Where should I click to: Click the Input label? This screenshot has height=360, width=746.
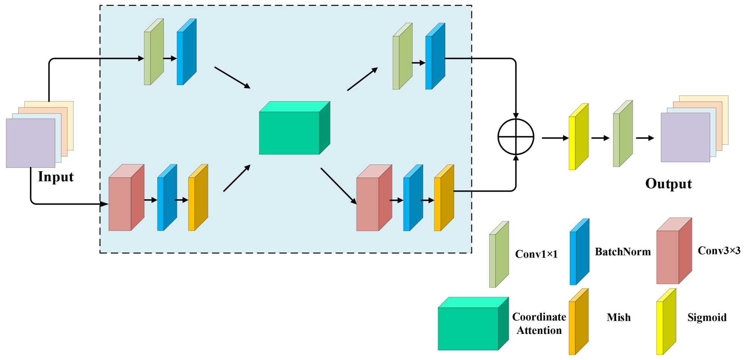tap(56, 176)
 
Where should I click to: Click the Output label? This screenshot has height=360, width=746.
tap(668, 184)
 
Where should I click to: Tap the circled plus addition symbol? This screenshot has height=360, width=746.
tap(516, 137)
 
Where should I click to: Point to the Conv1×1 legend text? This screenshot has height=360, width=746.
tap(536, 254)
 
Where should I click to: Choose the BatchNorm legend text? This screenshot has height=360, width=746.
tap(623, 252)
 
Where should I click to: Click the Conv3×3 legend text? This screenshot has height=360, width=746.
tap(719, 250)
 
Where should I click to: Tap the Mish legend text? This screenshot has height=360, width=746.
tap(618, 317)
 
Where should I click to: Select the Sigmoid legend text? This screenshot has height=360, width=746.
tap(707, 317)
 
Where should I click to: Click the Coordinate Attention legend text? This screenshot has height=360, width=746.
tap(539, 323)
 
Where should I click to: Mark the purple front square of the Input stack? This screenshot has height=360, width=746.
tap(31, 143)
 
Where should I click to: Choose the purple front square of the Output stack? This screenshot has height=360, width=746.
tap(685, 137)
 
